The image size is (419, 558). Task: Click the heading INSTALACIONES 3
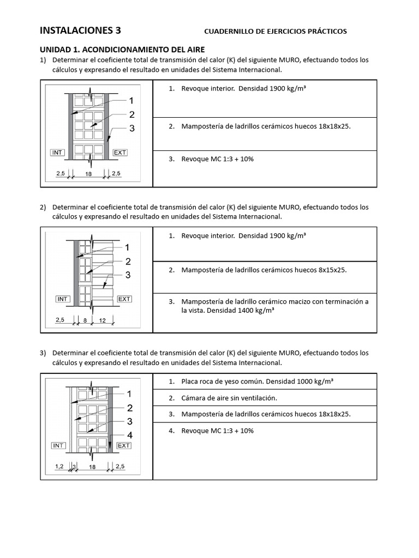tap(81, 31)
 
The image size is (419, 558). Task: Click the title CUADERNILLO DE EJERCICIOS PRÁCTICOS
tap(275, 32)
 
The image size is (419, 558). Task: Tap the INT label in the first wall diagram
tap(57, 153)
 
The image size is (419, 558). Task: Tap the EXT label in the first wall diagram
tap(119, 153)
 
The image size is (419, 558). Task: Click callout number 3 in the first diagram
tap(131, 129)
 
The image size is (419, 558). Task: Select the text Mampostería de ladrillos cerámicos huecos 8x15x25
tap(264, 270)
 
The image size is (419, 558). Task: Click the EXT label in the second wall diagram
tap(124, 299)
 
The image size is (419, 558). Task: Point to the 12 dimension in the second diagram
tap(103, 320)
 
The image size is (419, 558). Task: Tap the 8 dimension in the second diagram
tap(85, 320)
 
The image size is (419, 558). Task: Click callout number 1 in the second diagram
tap(128, 247)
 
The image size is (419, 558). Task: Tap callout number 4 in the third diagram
tap(130, 435)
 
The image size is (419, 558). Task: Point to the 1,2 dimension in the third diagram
tap(60, 466)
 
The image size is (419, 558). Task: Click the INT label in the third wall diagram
tap(58, 445)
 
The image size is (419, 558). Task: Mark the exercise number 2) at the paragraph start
tap(43, 207)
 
